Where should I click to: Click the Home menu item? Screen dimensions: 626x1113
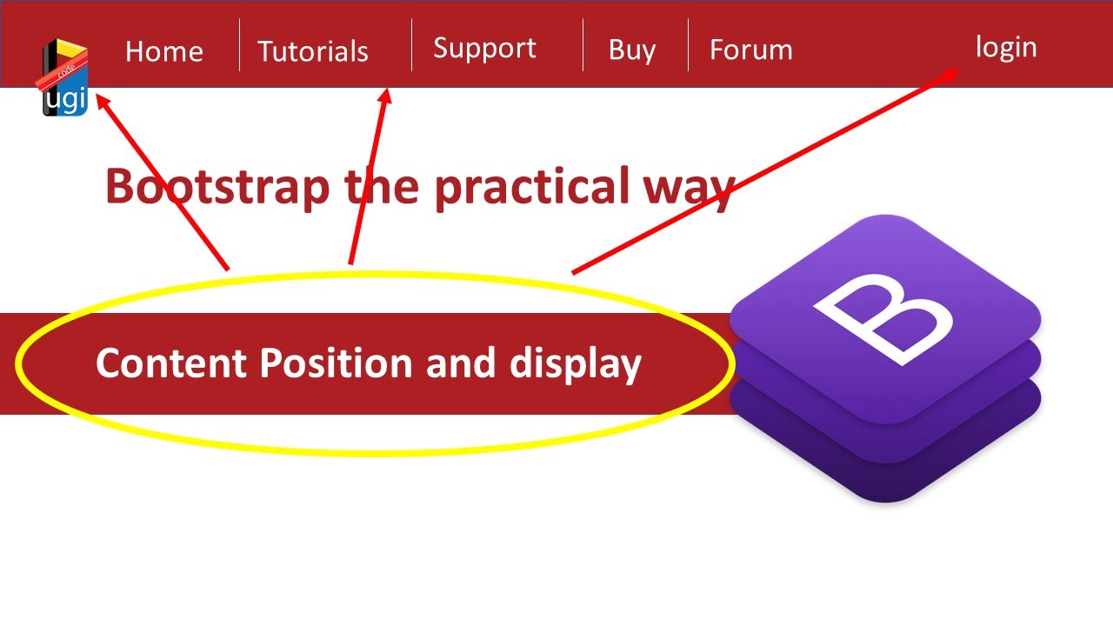(163, 51)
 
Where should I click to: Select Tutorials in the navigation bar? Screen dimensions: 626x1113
(313, 51)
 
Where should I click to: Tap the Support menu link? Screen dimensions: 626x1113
(484, 49)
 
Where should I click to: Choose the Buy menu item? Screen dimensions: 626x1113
(632, 50)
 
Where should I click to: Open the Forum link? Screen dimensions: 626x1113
(750, 50)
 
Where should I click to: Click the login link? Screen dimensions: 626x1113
(1006, 47)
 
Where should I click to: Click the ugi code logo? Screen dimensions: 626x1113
(65, 78)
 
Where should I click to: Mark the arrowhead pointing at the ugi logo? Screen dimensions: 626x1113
(102, 101)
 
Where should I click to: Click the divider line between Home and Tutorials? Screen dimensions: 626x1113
(239, 45)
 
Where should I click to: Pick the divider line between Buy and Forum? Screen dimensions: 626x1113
(688, 45)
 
